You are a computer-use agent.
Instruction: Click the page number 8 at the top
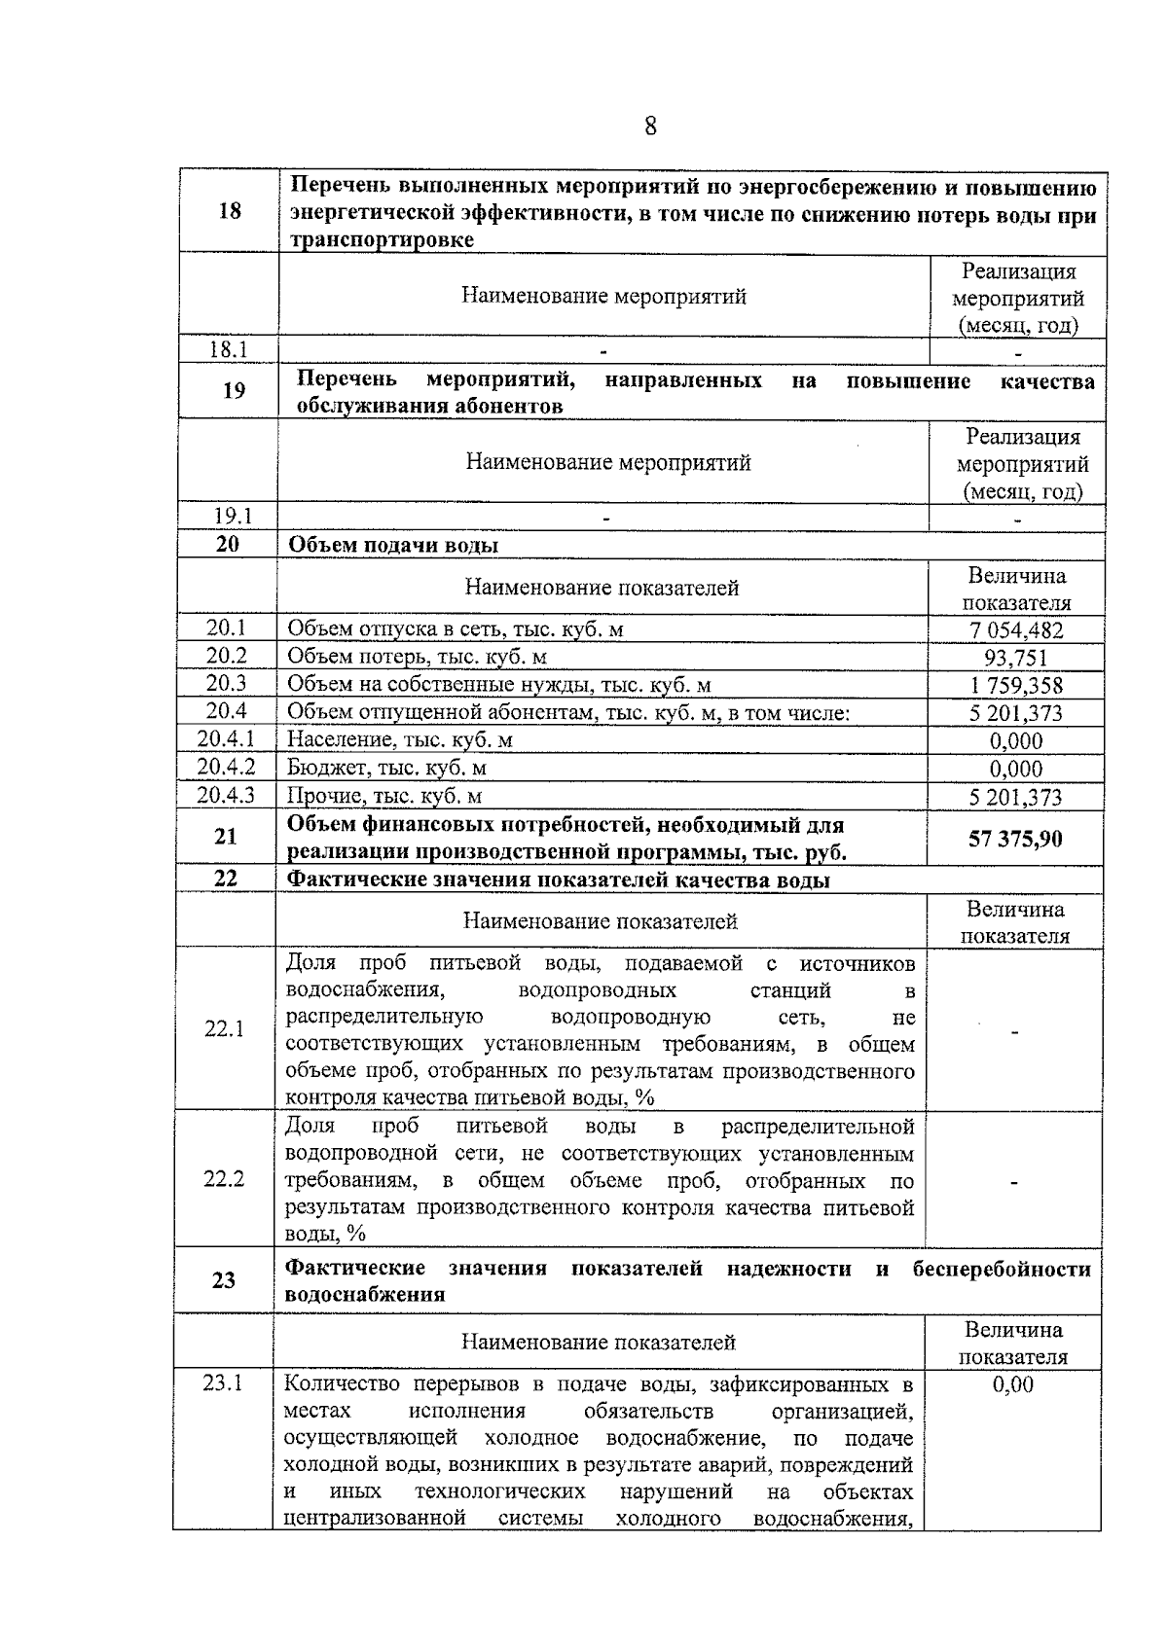[650, 126]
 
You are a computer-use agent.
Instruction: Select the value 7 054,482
[1015, 630]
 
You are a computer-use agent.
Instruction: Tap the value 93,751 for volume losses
[1015, 659]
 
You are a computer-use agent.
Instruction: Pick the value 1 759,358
[1015, 686]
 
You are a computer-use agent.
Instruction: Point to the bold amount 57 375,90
[1015, 839]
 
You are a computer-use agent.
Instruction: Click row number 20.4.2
[226, 768]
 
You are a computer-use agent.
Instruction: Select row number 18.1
[230, 350]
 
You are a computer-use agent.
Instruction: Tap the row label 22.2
[224, 1179]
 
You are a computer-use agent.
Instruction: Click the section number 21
[226, 838]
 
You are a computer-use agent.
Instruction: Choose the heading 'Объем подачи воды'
[393, 545]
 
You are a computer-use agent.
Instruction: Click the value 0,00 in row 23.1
[1013, 1384]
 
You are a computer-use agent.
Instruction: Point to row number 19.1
[233, 517]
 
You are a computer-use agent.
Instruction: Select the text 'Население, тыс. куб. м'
[399, 740]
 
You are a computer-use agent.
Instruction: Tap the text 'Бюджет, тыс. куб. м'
[386, 769]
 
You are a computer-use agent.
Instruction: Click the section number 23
[224, 1280]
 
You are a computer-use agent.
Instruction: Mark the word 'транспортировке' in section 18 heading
[384, 240]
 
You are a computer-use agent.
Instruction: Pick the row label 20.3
[226, 684]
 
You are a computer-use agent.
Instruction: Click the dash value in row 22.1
[1015, 1032]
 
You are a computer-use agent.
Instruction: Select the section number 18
[230, 210]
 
